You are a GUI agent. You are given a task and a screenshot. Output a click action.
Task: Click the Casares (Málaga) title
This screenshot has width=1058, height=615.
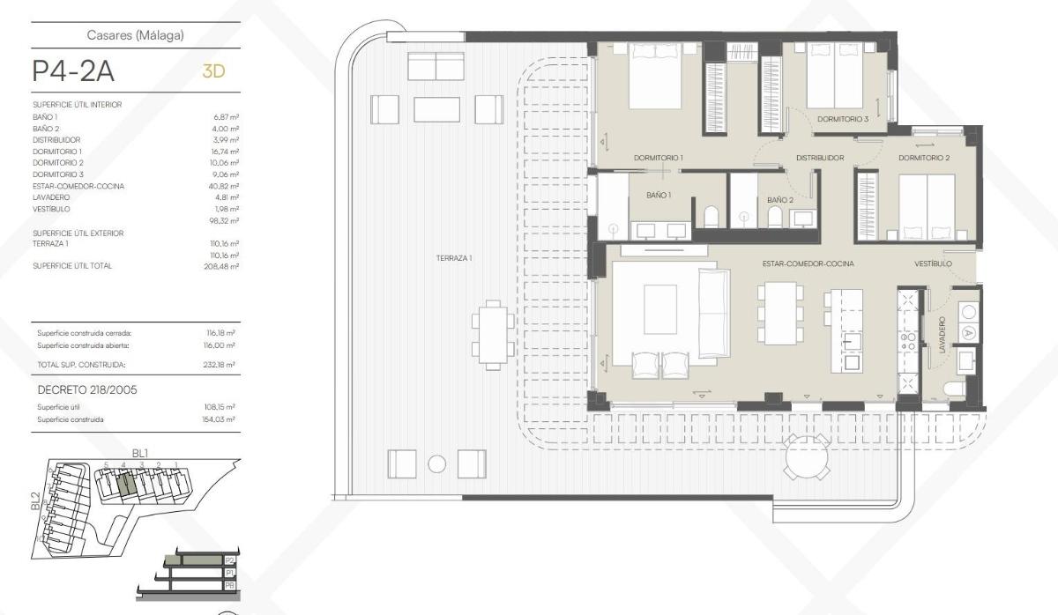pyautogui.click(x=135, y=35)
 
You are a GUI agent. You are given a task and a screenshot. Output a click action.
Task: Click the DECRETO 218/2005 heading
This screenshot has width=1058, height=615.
pyautogui.click(x=86, y=389)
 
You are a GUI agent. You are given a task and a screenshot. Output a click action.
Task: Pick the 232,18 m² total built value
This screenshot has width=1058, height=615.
pyautogui.click(x=220, y=364)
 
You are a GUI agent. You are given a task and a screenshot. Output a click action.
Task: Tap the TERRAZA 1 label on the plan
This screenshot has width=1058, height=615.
pyautogui.click(x=454, y=258)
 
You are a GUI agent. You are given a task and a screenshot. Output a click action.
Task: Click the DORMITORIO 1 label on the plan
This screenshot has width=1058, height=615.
pyautogui.click(x=659, y=159)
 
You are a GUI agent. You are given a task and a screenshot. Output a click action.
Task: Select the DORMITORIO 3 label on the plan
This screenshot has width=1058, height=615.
pyautogui.click(x=842, y=119)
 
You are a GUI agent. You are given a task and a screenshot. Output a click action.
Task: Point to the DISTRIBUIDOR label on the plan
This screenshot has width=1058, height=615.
pyautogui.click(x=820, y=159)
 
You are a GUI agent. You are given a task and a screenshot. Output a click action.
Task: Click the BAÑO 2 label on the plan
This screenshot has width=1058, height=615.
pyautogui.click(x=779, y=200)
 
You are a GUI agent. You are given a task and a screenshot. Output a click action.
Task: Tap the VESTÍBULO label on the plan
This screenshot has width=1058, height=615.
pyautogui.click(x=933, y=263)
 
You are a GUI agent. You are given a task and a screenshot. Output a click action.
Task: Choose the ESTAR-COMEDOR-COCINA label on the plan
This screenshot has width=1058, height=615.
pyautogui.click(x=808, y=263)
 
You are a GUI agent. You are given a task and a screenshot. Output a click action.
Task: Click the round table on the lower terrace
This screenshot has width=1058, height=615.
pyautogui.click(x=808, y=456)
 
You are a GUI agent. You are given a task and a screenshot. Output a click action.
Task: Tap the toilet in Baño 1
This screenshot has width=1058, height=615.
pyautogui.click(x=712, y=216)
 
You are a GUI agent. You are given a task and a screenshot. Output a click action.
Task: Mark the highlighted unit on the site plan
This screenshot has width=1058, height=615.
pyautogui.click(x=124, y=483)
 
